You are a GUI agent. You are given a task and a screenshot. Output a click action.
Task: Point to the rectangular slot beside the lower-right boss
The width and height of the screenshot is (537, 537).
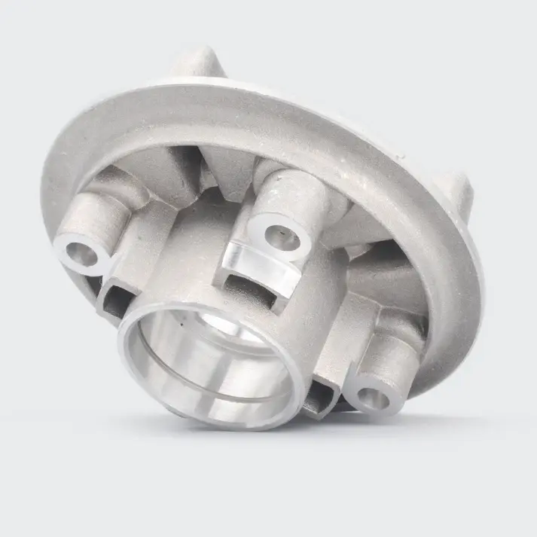(322, 392)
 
